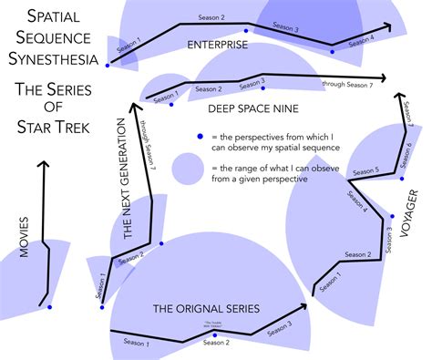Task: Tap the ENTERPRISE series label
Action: tap(218, 44)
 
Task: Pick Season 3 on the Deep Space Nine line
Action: tap(251, 82)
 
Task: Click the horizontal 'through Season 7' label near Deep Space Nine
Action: tap(347, 85)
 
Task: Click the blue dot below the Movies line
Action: tap(50, 306)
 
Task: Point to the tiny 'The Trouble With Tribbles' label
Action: tap(213, 325)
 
